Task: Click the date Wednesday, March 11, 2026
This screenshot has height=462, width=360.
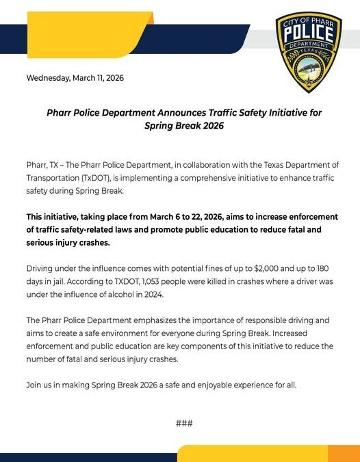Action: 75,78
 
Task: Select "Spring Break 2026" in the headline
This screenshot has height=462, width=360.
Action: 184,126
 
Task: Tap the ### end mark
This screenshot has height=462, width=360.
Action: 184,423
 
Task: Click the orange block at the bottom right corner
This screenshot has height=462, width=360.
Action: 344,454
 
